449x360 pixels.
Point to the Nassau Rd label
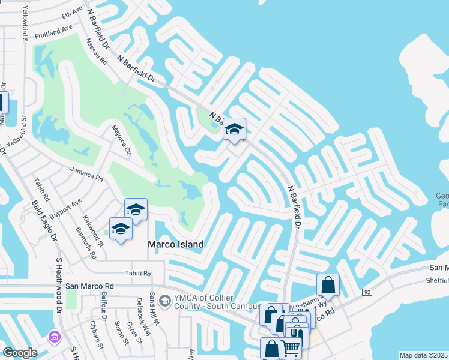pyautogui.click(x=96, y=53)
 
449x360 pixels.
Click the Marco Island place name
pyautogui.click(x=176, y=244)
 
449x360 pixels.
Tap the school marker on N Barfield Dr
pyautogui.click(x=234, y=130)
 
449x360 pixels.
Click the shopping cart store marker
pyautogui.click(x=290, y=347)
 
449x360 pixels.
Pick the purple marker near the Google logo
pyautogui.click(x=56, y=337)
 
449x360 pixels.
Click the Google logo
pyautogui.click(x=20, y=353)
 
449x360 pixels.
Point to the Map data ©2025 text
pyautogui.click(x=424, y=355)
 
